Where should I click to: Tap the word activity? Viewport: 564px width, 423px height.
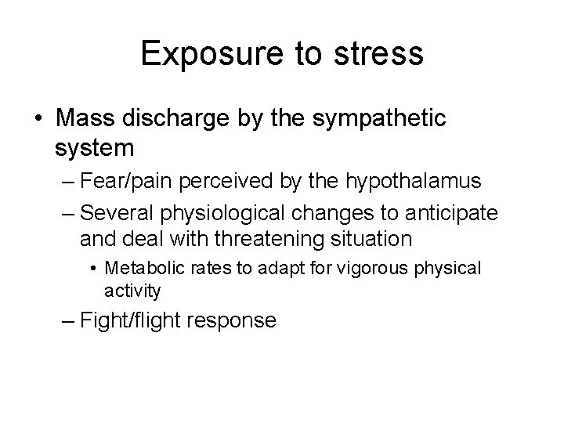tap(132, 291)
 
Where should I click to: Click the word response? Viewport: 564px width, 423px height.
tap(240, 320)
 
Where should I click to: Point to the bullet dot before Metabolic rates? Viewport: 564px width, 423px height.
tap(94, 269)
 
